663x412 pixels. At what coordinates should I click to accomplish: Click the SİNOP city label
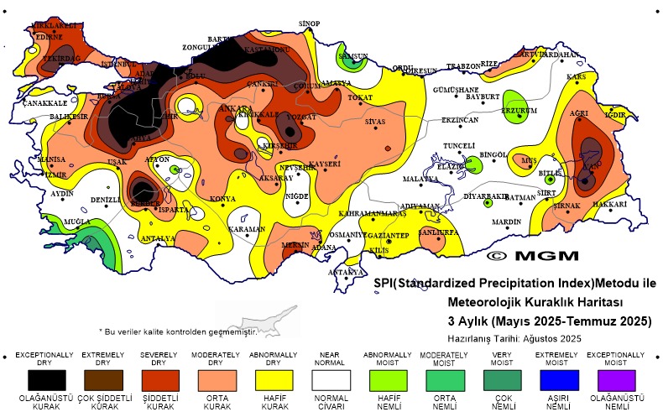[311, 23]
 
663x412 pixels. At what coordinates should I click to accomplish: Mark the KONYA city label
[222, 199]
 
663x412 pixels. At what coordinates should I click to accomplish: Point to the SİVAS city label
[374, 122]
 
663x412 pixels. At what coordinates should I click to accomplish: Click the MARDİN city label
[506, 222]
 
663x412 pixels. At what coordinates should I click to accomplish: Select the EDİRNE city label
[49, 37]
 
